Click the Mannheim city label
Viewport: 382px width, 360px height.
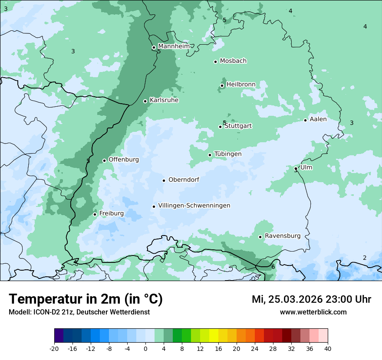pyautogui.click(x=174, y=46)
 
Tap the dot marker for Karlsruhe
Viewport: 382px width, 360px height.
pyautogui.click(x=145, y=101)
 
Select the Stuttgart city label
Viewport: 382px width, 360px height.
pyautogui.click(x=238, y=126)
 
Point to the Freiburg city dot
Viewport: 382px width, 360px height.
pyautogui.click(x=95, y=214)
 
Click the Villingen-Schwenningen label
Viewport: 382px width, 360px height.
pyautogui.click(x=194, y=206)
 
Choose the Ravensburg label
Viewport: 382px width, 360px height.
pyautogui.click(x=282, y=236)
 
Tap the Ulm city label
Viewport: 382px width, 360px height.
pyautogui.click(x=306, y=167)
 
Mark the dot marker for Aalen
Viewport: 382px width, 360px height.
pyautogui.click(x=305, y=120)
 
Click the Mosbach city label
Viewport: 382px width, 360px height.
pyautogui.click(x=233, y=61)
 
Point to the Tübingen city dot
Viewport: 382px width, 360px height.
pyautogui.click(x=210, y=155)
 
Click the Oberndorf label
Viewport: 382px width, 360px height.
pyautogui.click(x=184, y=180)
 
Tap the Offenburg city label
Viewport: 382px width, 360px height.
pyautogui.click(x=124, y=160)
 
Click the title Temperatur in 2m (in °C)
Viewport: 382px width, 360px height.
pyautogui.click(x=86, y=299)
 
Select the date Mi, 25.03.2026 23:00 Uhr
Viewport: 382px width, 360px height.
pyautogui.click(x=311, y=299)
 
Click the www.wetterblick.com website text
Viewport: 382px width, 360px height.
pyautogui.click(x=313, y=312)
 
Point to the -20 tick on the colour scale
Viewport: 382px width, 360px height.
pyautogui.click(x=54, y=349)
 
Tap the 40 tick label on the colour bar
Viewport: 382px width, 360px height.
pyautogui.click(x=328, y=349)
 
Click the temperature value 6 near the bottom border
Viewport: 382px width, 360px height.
pyautogui.click(x=273, y=267)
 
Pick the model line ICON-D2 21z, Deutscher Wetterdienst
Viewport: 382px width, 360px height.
pyautogui.click(x=79, y=312)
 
